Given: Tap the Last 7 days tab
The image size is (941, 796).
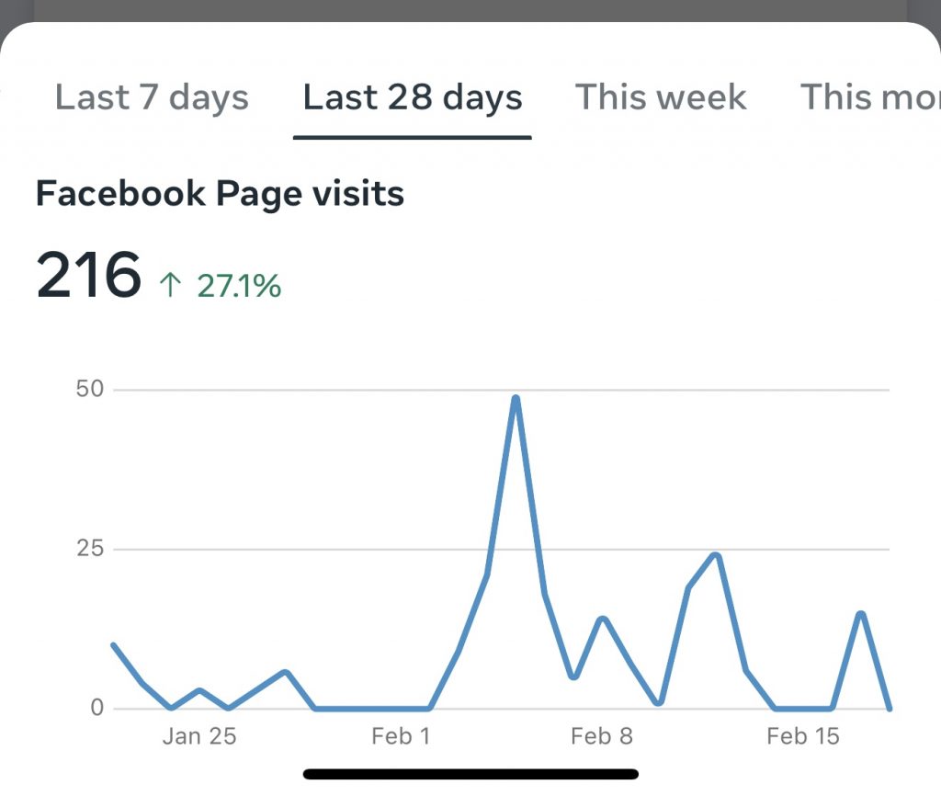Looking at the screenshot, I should coord(152,97).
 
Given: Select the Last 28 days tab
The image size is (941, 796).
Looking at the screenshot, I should coord(413,97).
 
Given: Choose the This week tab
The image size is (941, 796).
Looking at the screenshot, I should coord(661,97).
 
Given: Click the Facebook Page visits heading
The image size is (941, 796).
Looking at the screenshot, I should coord(220,194).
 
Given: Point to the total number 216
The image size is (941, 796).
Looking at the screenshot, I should coord(88,275).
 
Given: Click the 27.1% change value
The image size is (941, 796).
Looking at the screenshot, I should coord(239,287).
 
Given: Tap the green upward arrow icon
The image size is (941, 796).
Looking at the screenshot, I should coord(170,286).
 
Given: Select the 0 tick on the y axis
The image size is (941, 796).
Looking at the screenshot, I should coord(96,709).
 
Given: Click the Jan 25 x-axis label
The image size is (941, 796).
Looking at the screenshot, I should coord(199,736).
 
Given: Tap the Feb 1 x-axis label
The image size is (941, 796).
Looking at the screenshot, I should coord(400,736).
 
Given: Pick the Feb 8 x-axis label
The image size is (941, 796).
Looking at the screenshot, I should coord(601,736).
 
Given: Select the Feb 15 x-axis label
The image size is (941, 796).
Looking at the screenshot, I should coord(803,736).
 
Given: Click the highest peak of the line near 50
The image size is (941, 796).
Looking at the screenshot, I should coord(516,399).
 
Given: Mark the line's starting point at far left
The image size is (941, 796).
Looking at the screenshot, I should coord(113,645).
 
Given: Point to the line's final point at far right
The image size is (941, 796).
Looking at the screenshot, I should coord(890,708).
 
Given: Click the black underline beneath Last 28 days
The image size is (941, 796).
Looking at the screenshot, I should coord(413,138).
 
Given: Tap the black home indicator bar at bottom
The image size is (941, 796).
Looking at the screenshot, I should coord(470,774).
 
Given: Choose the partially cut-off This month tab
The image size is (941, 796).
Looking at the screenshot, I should coord(869,97).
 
